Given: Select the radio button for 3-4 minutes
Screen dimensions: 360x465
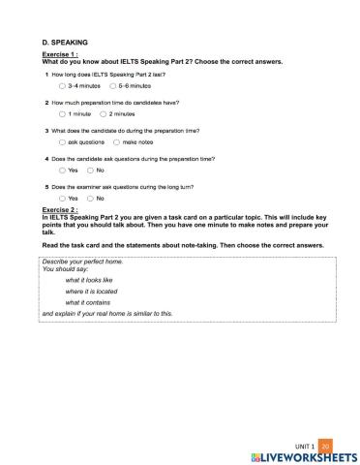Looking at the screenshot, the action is pyautogui.click(x=63, y=86).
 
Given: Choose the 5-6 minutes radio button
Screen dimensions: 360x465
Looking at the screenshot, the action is pyautogui.click(x=113, y=86).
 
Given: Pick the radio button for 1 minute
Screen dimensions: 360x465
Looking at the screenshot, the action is pyautogui.click(x=63, y=114).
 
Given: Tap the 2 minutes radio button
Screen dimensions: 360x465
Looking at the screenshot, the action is pyautogui.click(x=104, y=114).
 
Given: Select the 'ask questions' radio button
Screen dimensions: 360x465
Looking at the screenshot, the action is pyautogui.click(x=63, y=142).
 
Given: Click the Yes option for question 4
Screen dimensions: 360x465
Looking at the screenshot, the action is pyautogui.click(x=63, y=170).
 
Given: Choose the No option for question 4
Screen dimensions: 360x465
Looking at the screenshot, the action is pyautogui.click(x=90, y=170).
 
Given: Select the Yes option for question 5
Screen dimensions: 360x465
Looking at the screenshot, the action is pyautogui.click(x=63, y=199).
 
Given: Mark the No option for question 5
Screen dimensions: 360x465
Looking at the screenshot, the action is pyautogui.click(x=90, y=199).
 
